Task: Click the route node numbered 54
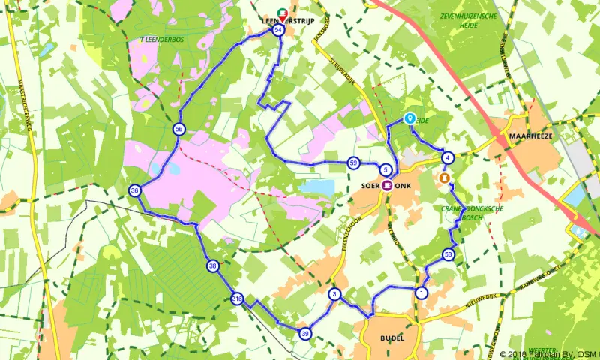pos(279,30)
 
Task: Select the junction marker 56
pos(178,129)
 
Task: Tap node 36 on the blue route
pos(135,190)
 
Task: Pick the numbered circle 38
pos(213,265)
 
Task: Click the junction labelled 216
pos(237,298)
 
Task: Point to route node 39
pos(304,333)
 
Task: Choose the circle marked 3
pos(334,294)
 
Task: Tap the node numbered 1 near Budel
pos(421,293)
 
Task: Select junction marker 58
pos(448,254)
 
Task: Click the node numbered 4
pos(447,158)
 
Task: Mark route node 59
pos(353,163)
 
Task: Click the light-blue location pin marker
pos(410,118)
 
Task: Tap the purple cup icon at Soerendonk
pos(387,184)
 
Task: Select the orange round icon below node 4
pos(445,178)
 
